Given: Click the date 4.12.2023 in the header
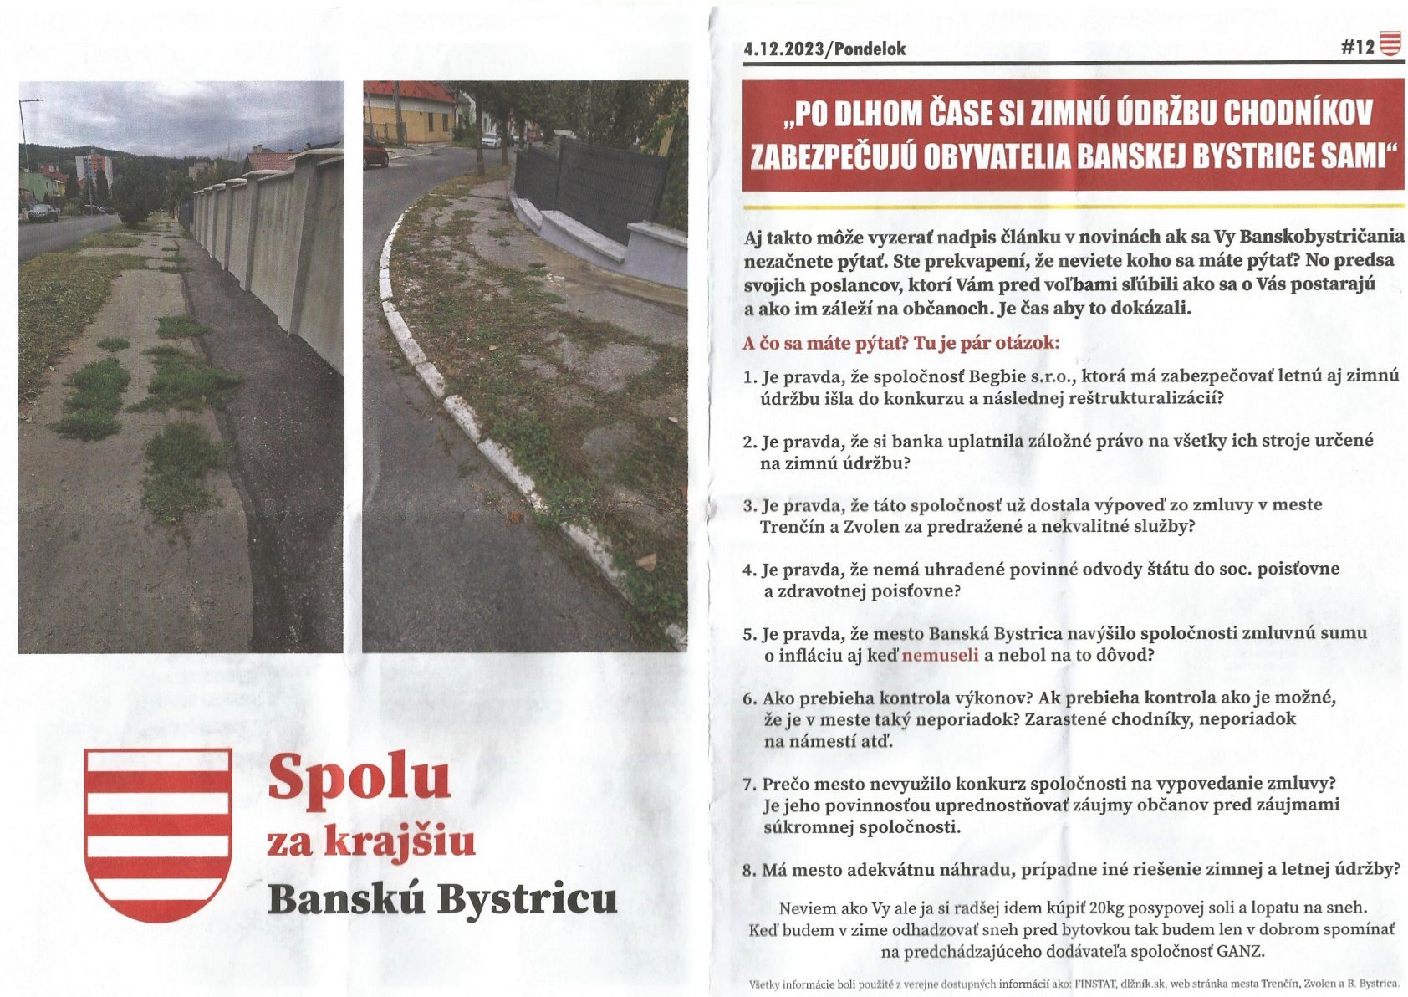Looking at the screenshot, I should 783,49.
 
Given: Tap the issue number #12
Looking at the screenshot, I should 1357,47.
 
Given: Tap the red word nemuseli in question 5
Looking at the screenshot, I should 940,655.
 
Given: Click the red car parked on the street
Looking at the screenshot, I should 375,152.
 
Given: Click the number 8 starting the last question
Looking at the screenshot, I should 748,871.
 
